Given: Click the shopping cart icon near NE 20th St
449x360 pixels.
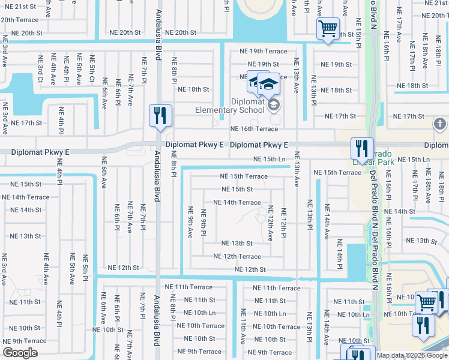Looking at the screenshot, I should pos(328,28).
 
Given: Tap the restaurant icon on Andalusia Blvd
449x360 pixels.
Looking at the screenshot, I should pos(160,116).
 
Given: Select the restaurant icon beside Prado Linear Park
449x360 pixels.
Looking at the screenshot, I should pos(362,149).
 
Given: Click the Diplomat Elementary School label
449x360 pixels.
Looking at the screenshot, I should pos(230,106).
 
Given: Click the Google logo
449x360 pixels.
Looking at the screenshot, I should pos(20,353).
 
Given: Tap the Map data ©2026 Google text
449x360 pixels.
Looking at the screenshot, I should pos(412,355).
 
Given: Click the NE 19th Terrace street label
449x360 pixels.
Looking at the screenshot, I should pos(264,52).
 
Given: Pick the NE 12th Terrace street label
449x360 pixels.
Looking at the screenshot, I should pos(238,256).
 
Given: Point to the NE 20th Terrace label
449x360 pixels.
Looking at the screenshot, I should pos(19,20).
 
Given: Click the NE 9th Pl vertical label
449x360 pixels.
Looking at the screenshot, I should pos(204,223).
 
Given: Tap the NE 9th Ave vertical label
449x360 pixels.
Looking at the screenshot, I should pos(190,221).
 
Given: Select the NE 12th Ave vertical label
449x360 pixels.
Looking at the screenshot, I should pos(270,223).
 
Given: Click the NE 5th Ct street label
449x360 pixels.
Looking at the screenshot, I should pos(92,69).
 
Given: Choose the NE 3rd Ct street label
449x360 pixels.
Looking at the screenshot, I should pos(40,69).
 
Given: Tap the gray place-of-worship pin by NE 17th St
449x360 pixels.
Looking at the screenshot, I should pos(439,124).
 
